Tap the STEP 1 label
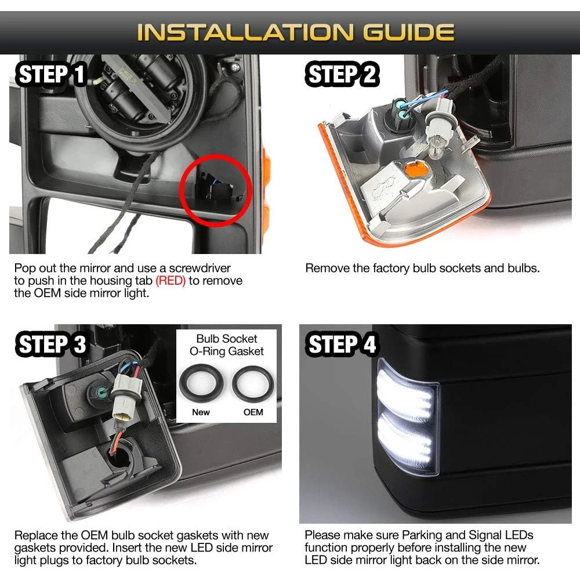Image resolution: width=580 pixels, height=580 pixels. coord(51,74)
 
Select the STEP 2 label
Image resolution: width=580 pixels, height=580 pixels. coord(342,74)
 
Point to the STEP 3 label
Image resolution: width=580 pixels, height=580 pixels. coord(51,344)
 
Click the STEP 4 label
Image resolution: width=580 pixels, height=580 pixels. coord(341,344)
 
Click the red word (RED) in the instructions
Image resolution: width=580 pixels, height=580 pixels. coord(171,281)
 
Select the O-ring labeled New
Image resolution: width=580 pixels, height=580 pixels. coord(201,383)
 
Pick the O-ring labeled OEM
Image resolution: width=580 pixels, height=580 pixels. coord(253,384)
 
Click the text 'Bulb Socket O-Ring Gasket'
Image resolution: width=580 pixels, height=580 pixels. coord(227,345)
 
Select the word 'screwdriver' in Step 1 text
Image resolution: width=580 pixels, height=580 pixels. coord(200,268)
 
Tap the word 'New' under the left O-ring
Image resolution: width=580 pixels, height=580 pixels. coord(201,412)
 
